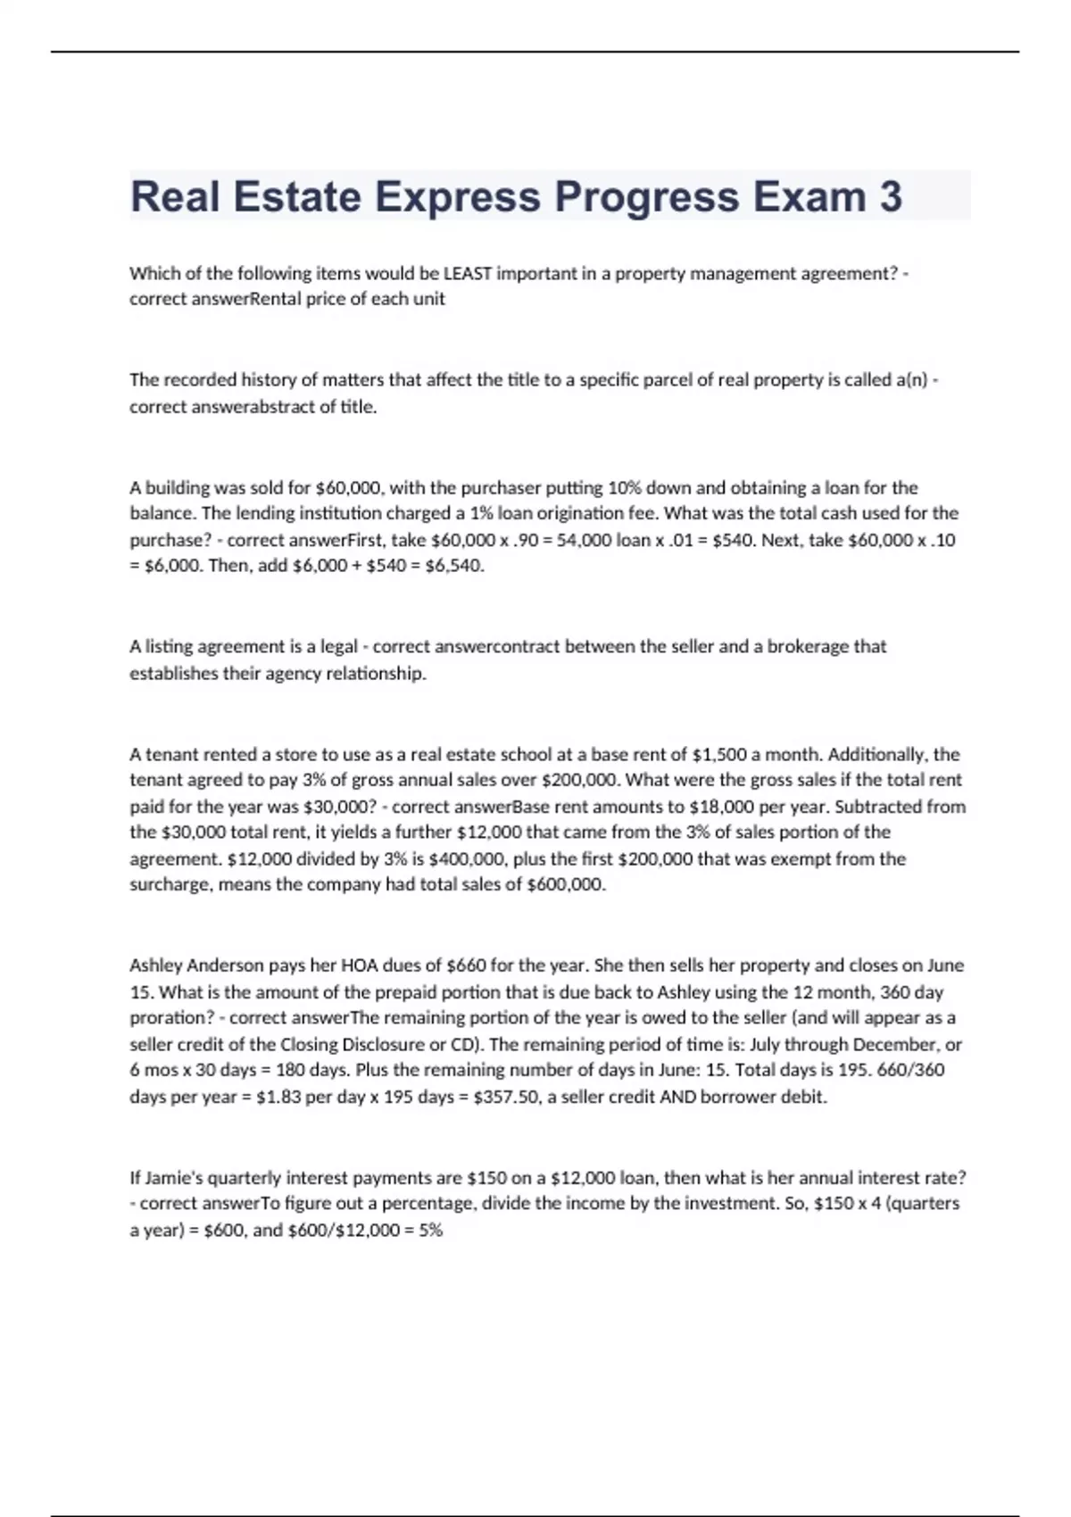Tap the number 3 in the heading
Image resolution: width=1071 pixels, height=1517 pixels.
coord(890,197)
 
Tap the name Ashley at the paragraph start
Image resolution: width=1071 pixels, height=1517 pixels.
coord(155,966)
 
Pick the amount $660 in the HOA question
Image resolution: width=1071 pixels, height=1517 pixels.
coord(466,966)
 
